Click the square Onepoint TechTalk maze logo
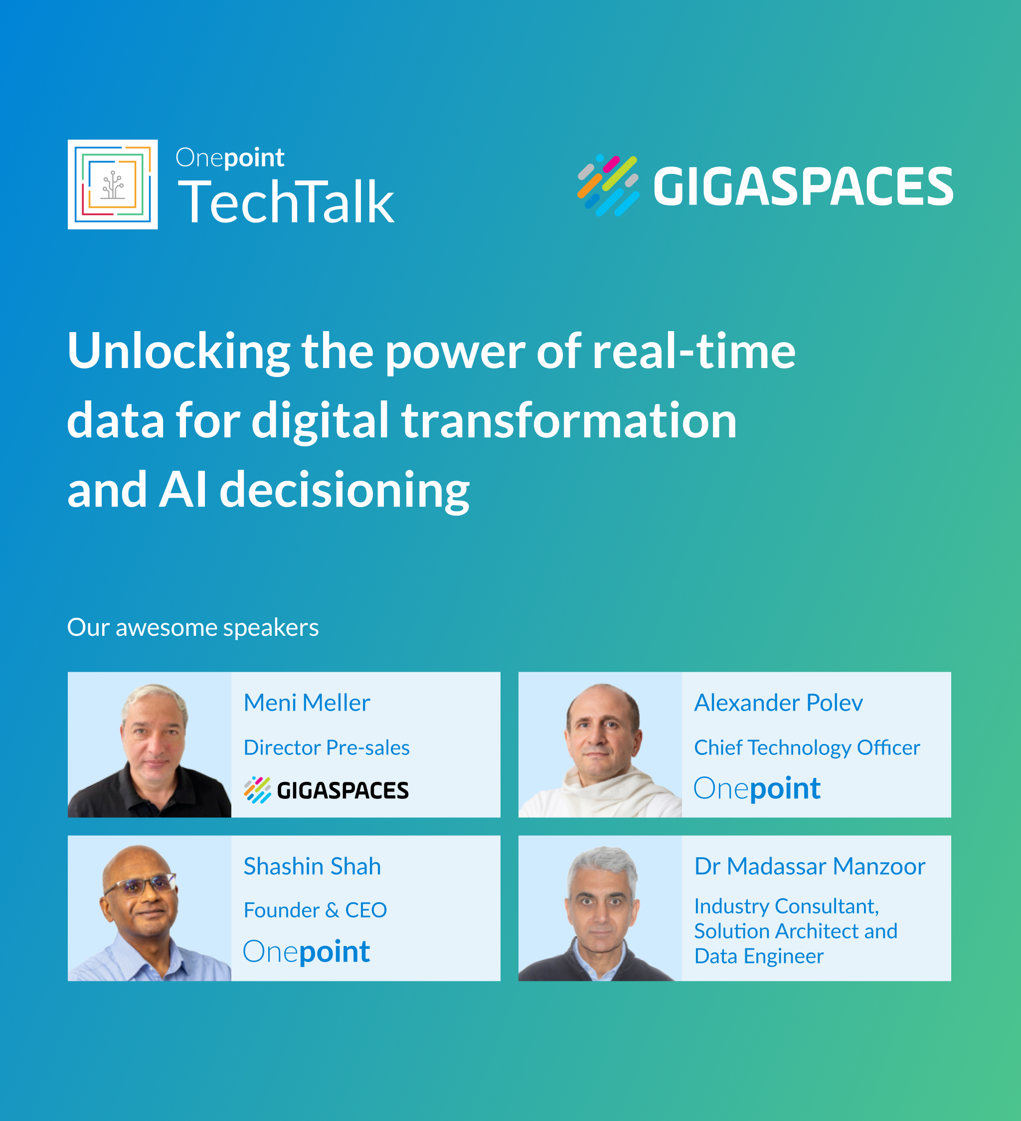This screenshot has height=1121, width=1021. coord(113,185)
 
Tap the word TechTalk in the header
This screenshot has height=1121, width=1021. coord(286,202)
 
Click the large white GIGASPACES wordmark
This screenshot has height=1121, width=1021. coord(803,187)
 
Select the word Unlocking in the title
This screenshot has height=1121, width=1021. coord(178,352)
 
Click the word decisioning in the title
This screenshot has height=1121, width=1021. coord(344,491)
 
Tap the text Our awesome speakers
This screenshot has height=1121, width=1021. coord(193,628)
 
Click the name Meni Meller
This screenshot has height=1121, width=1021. coord(307,703)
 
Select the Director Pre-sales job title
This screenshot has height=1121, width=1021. coord(327,747)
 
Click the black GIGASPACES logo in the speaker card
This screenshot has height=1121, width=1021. coord(326,790)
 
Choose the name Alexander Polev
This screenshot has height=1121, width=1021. coord(779,703)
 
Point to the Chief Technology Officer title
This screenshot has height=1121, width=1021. coord(807,748)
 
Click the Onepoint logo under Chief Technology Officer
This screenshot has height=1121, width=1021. coord(757,788)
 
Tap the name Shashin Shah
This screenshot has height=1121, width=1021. coord(313,866)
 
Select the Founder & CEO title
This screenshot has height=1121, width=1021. coord(315,910)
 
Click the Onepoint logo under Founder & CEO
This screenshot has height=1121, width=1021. coord(306,952)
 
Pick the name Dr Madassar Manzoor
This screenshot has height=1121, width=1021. coord(810,866)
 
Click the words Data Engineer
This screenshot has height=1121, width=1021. coord(759,957)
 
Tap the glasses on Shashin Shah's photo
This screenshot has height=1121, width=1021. coord(140,884)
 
